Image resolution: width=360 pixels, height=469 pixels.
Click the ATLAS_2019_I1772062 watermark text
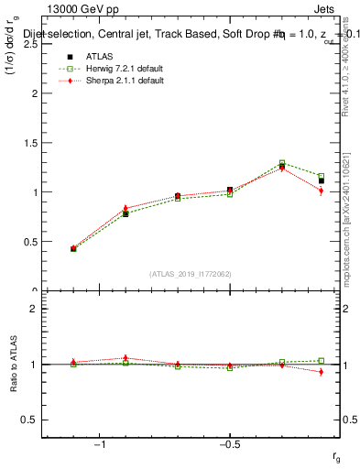click(x=191, y=274)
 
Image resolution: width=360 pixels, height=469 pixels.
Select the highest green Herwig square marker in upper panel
click(x=282, y=163)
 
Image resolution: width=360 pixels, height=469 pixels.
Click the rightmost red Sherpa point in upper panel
click(x=322, y=191)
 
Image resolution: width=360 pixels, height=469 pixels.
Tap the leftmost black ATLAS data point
click(x=73, y=248)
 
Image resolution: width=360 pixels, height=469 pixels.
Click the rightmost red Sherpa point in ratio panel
click(x=322, y=372)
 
